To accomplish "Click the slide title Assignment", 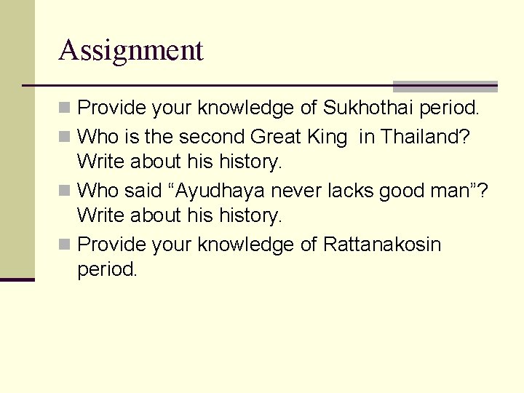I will [x=131, y=50].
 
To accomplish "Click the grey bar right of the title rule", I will [x=445, y=86].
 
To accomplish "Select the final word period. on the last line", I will [x=107, y=269].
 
